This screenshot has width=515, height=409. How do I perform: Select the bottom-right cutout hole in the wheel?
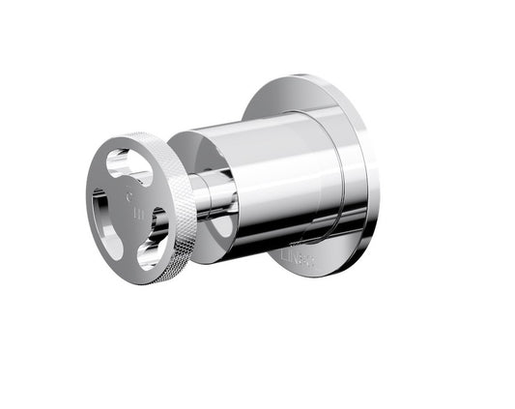point(153,248)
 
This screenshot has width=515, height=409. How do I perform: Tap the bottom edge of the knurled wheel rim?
point(145,281)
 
